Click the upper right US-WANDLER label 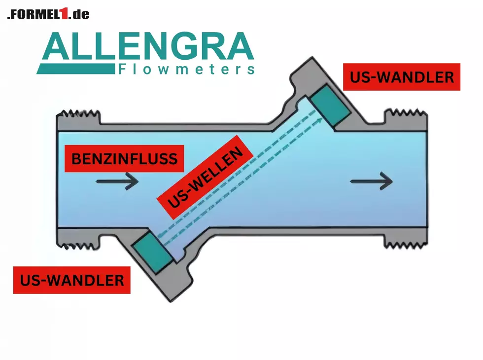point(401,77)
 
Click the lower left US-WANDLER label point(71,280)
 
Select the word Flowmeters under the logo point(187,69)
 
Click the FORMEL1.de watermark point(48,14)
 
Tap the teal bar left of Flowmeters point(75,70)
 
